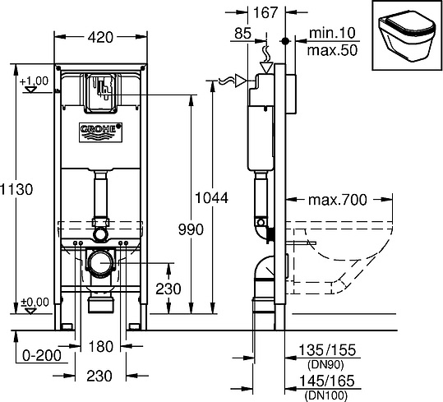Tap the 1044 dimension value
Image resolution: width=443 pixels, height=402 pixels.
[x=211, y=197]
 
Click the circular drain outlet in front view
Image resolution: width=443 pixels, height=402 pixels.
[x=99, y=265]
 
